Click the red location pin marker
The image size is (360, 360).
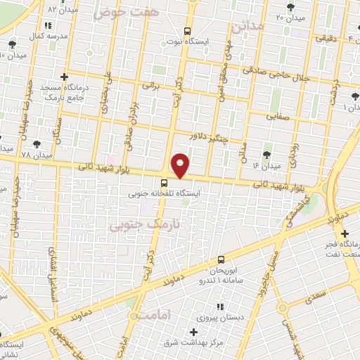coord(180,165)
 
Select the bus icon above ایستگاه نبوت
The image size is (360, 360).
coord(187,31)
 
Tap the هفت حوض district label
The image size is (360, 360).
coord(136,12)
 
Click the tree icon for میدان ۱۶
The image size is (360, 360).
coord(266,155)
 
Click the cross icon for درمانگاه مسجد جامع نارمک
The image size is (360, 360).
coord(65,77)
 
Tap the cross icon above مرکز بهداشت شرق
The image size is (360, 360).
coord(194,331)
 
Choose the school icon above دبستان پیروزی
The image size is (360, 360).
coord(220,307)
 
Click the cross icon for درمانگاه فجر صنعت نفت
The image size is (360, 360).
coord(345,233)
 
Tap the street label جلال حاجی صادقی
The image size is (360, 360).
coord(274,73)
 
